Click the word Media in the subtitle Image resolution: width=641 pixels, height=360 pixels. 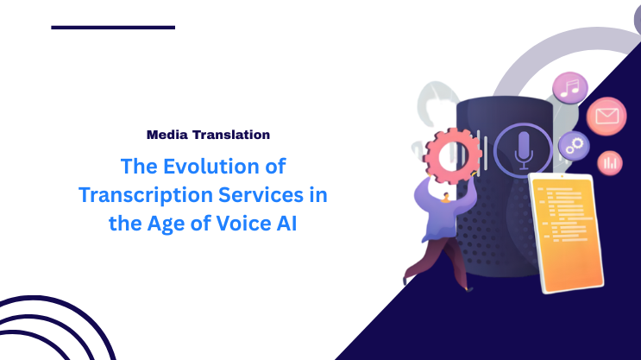point(167,135)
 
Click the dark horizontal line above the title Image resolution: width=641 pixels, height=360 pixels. point(113,28)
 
